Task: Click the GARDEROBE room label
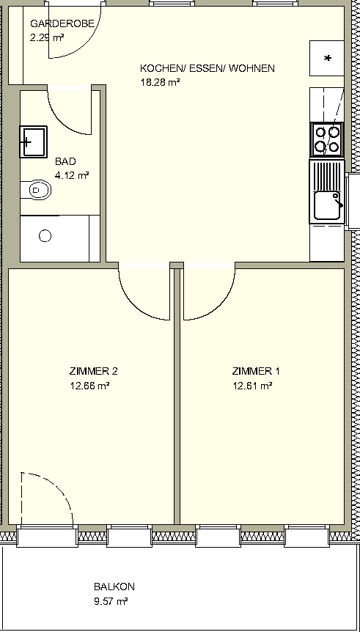[x=62, y=23]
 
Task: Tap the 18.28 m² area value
[x=160, y=83]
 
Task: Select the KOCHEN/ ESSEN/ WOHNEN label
[x=207, y=68]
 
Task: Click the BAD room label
[x=65, y=161]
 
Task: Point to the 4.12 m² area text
[x=72, y=176]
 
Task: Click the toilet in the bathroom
[x=36, y=189]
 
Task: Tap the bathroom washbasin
[x=34, y=142]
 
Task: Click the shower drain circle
[x=45, y=236]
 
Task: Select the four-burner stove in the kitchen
[x=327, y=139]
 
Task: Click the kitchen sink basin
[x=327, y=205]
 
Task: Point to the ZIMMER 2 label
[x=94, y=371]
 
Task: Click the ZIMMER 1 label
[x=256, y=371]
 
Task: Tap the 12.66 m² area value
[x=90, y=386]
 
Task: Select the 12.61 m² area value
[x=252, y=386]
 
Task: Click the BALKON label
[x=114, y=587]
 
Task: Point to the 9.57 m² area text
[x=111, y=602]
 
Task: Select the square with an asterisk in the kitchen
[x=327, y=58]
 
